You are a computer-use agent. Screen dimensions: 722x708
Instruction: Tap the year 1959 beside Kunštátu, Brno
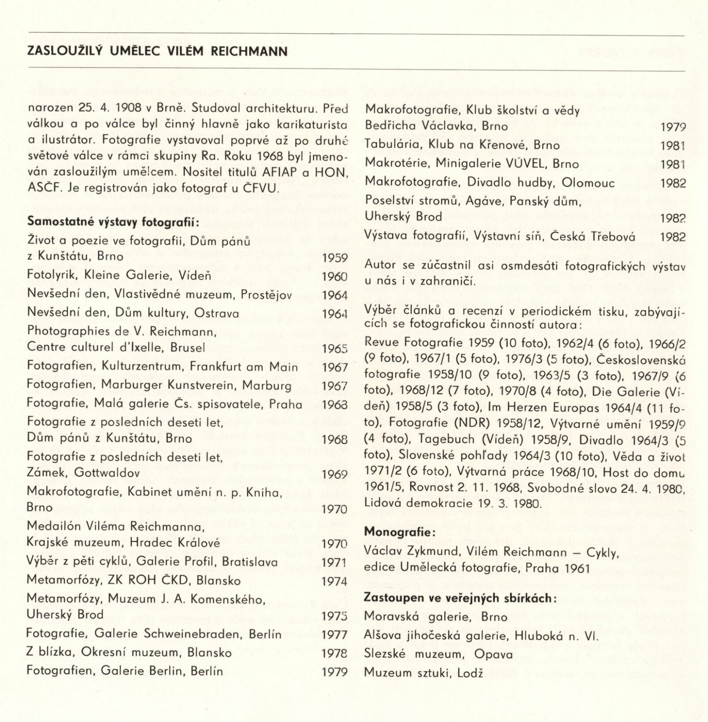coord(335,257)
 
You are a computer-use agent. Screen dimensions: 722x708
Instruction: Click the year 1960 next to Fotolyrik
coord(335,277)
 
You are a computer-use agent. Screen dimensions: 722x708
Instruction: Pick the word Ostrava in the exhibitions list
coord(217,314)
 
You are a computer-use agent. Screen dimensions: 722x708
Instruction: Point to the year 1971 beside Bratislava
coord(335,562)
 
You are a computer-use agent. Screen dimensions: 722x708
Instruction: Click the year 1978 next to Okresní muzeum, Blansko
coord(335,653)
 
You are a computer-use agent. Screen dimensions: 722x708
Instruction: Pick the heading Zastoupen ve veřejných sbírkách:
coord(459,598)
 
